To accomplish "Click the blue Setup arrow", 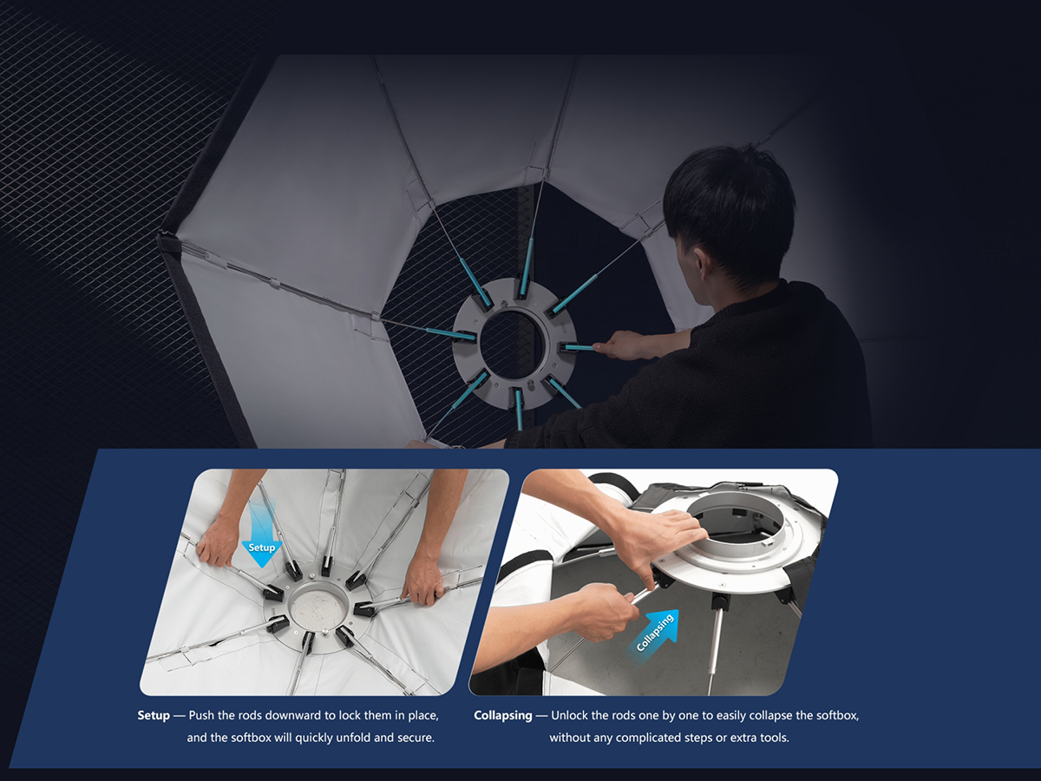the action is (x=261, y=541).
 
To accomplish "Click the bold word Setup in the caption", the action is (x=154, y=715).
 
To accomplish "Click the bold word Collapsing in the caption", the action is (x=502, y=716).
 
